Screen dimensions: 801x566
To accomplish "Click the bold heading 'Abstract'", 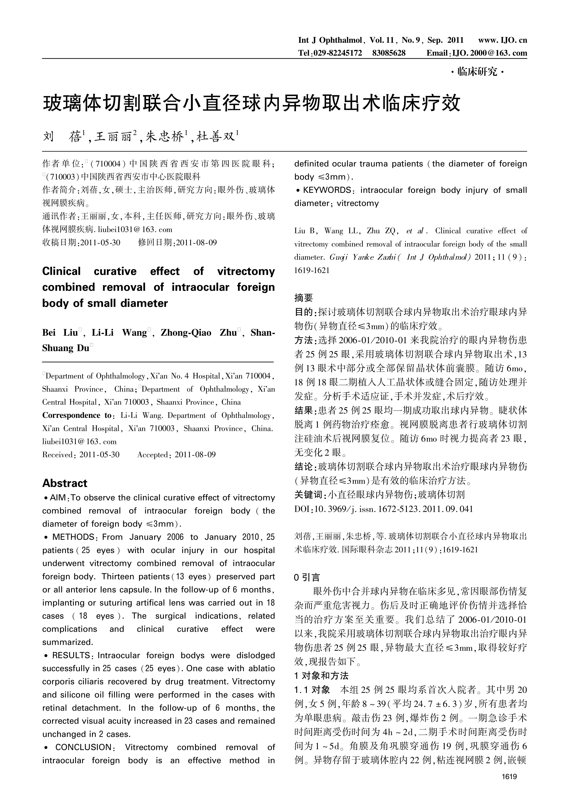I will click(65, 483).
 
